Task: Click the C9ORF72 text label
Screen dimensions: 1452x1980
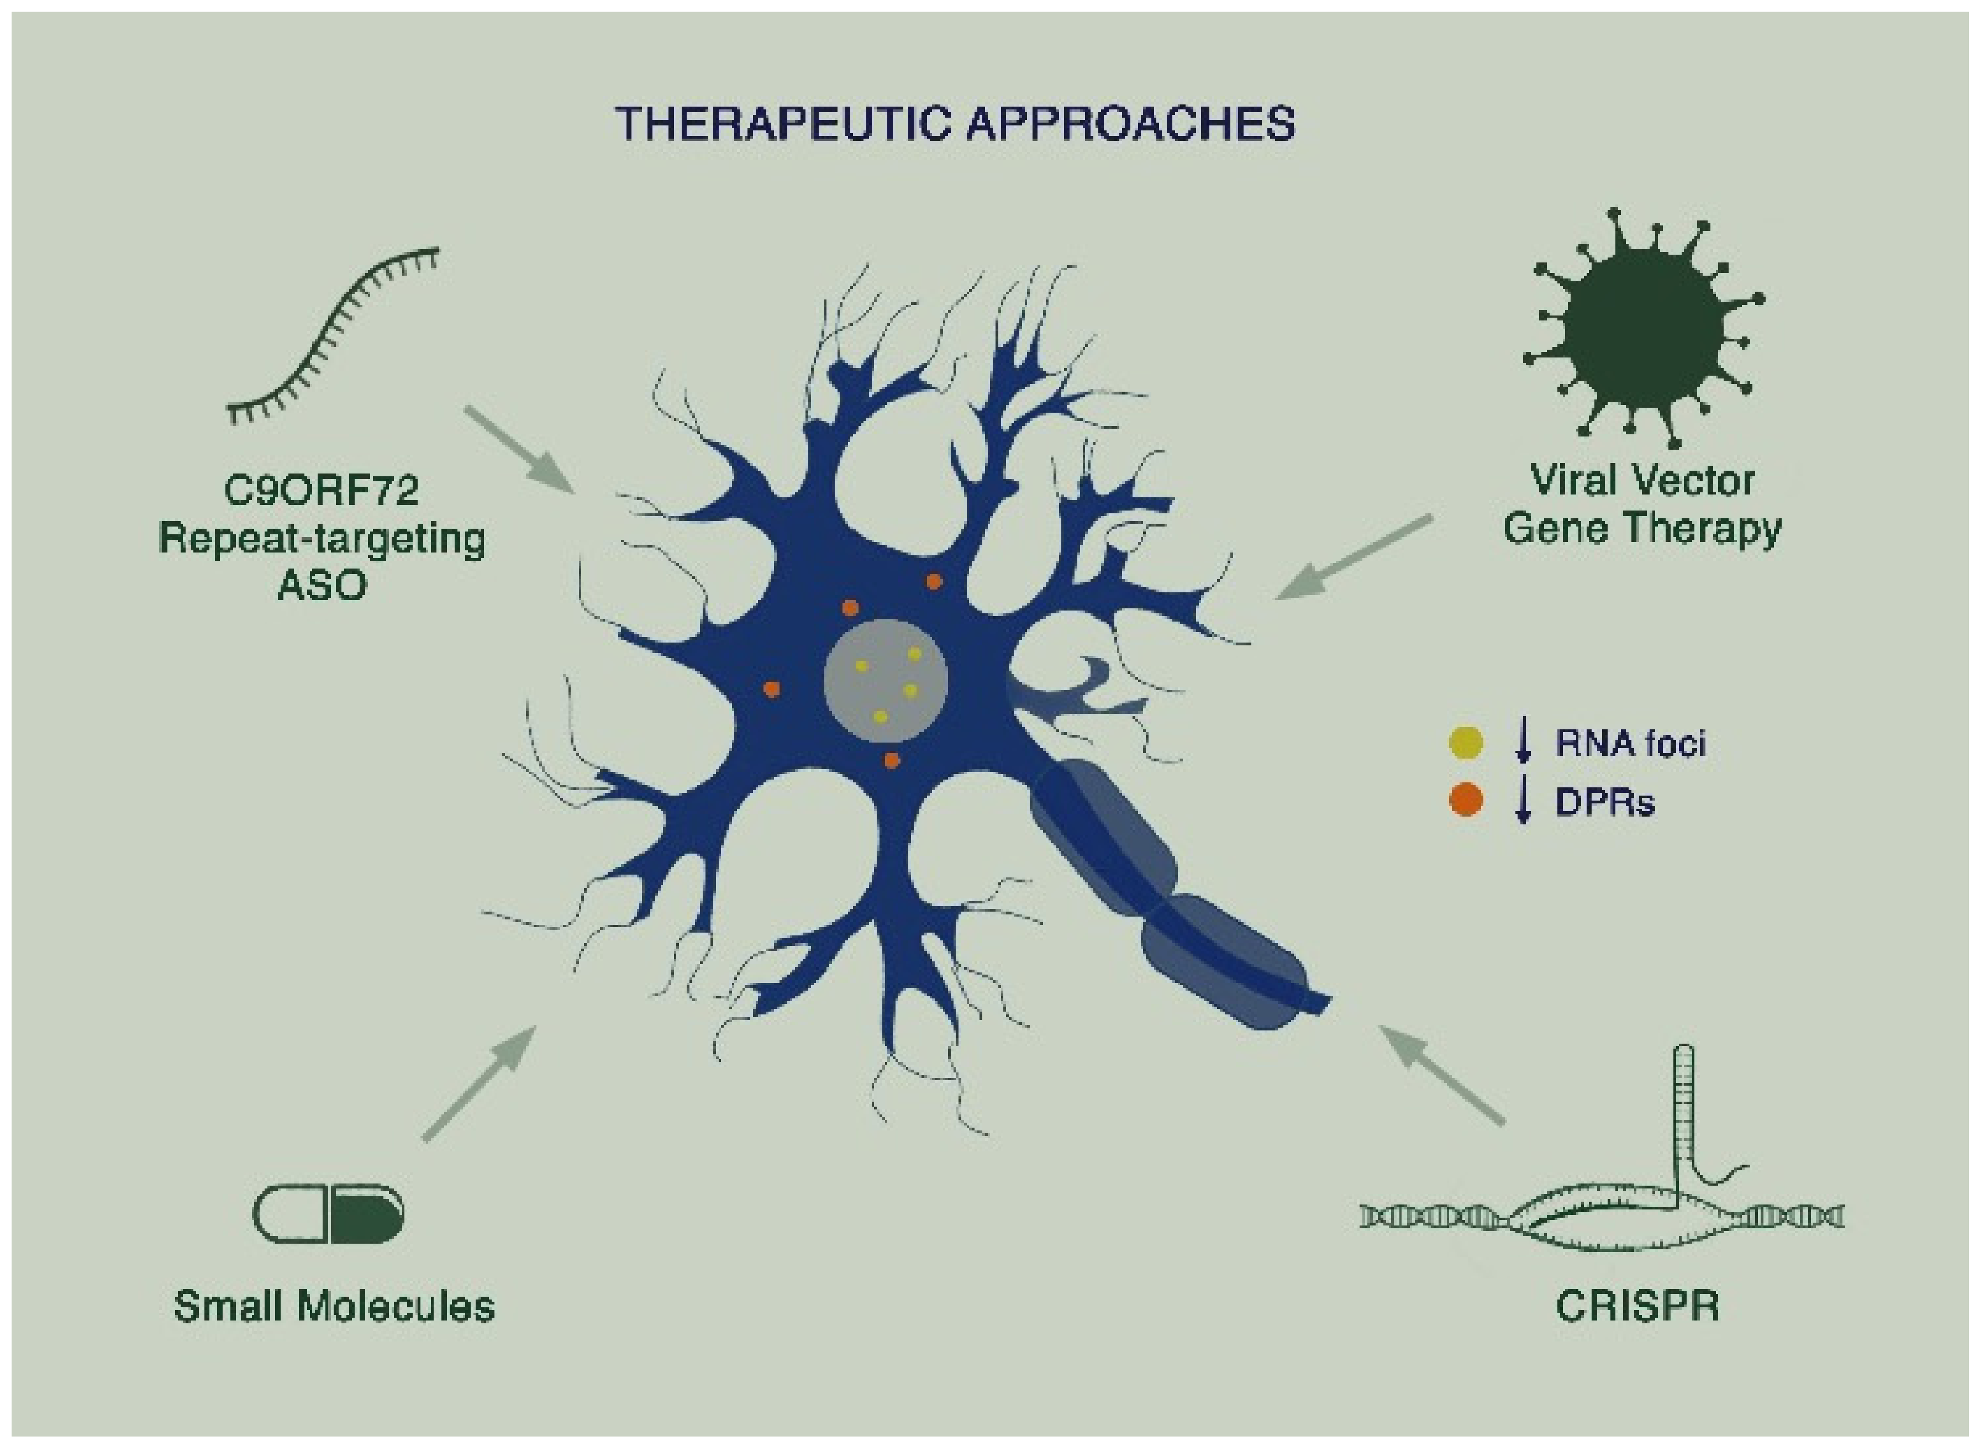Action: tap(321, 490)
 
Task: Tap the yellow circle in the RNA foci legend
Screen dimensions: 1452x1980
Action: tap(1465, 743)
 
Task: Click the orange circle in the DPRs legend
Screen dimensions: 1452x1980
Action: tap(1465, 800)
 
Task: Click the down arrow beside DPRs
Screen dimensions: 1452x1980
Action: tap(1524, 801)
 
